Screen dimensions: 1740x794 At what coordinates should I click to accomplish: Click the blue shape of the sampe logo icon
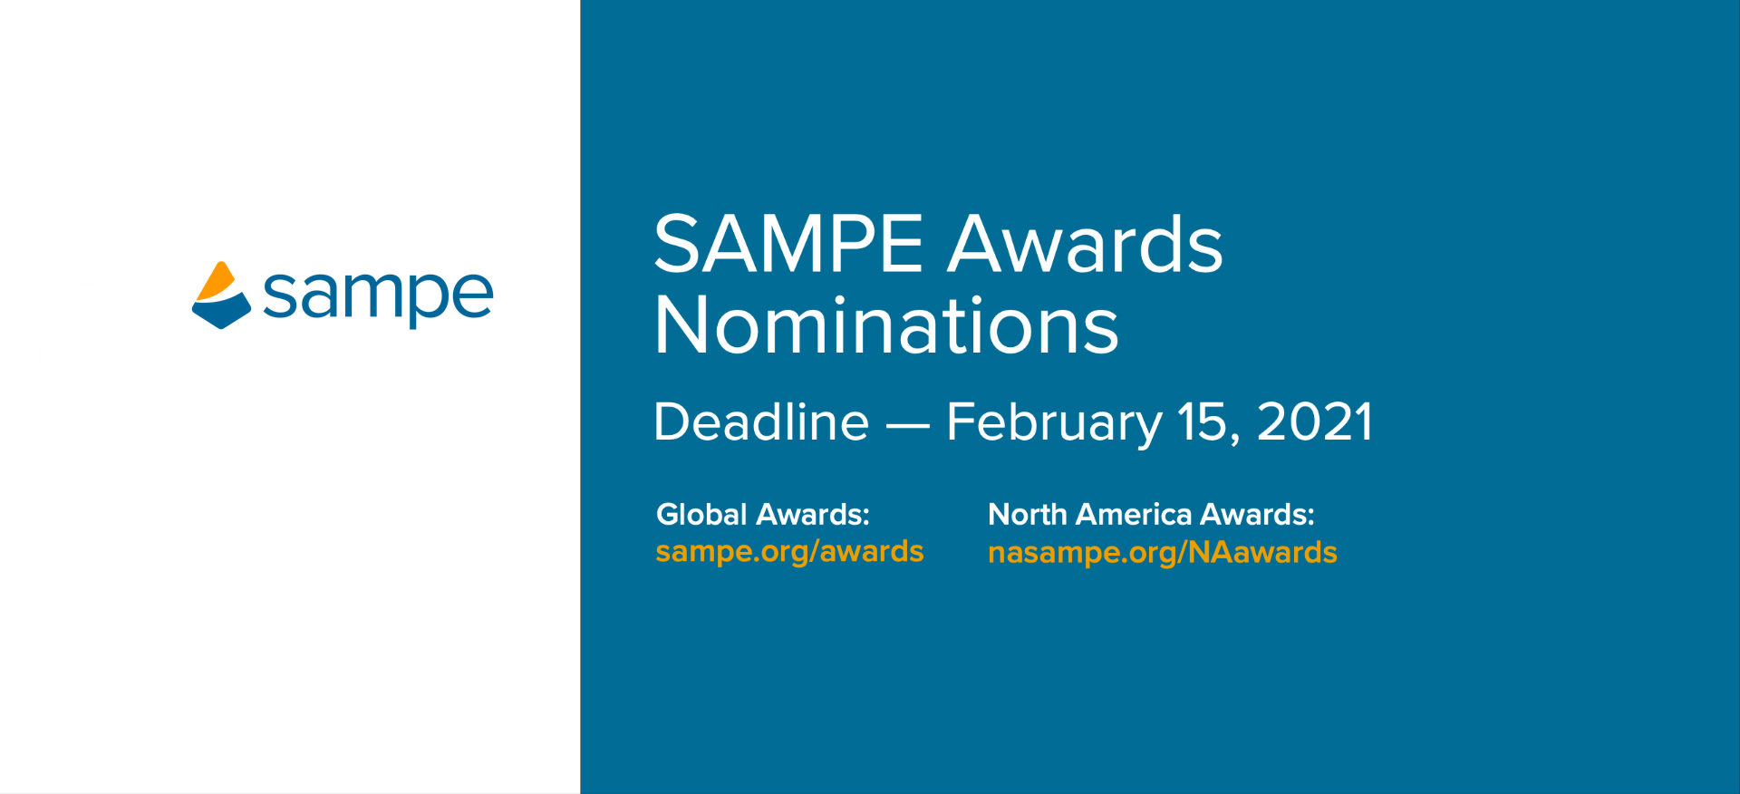[x=221, y=311]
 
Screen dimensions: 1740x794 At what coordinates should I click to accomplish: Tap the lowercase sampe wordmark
[x=378, y=296]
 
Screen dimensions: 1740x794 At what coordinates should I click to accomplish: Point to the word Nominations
[x=886, y=324]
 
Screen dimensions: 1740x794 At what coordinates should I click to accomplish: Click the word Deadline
[x=761, y=421]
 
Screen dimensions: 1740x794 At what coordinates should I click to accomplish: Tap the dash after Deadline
[x=907, y=424]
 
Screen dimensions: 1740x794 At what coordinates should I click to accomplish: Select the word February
[x=1054, y=423]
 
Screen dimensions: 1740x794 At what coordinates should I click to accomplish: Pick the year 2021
[x=1314, y=422]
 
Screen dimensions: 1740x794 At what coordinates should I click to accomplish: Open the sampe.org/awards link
[x=789, y=551]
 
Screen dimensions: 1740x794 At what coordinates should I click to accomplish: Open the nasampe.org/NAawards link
[x=1162, y=552]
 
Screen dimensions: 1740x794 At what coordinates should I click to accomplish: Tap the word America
[x=1134, y=514]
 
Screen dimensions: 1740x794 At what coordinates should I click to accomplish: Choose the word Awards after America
[x=1257, y=514]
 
